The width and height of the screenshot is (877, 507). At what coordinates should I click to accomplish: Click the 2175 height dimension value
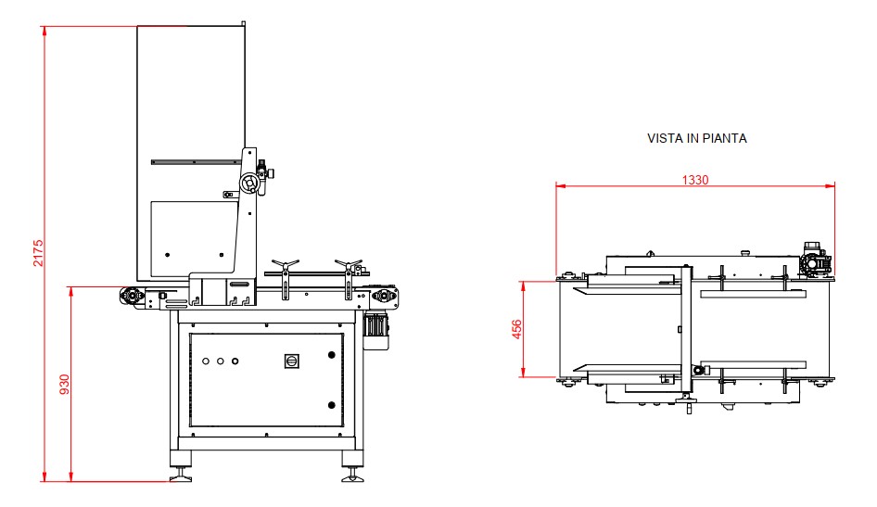(x=38, y=253)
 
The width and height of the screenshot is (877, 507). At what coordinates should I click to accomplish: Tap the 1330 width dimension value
(x=695, y=180)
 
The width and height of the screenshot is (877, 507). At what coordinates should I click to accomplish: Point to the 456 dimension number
(x=517, y=329)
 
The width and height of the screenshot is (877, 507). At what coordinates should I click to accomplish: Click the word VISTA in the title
(x=663, y=138)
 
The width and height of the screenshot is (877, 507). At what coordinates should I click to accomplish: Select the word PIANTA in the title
(x=727, y=138)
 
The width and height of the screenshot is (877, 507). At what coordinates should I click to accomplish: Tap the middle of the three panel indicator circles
(x=220, y=361)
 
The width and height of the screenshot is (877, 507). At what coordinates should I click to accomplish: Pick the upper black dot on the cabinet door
(x=331, y=354)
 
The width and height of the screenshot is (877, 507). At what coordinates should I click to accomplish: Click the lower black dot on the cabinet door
(x=331, y=403)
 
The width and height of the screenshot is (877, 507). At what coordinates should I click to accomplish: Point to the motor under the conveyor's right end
(x=375, y=329)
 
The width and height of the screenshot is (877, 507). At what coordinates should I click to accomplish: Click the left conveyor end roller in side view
(x=130, y=297)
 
